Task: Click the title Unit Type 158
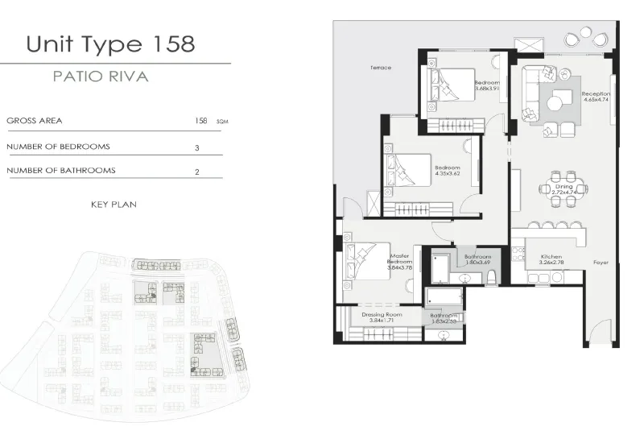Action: point(110,43)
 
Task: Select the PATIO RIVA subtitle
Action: point(100,78)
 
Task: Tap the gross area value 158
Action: point(201,121)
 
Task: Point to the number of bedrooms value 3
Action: point(196,148)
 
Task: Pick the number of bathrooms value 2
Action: point(196,172)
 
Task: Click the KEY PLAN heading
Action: point(114,205)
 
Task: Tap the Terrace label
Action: point(381,68)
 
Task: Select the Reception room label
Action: point(596,97)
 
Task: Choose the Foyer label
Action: point(601,263)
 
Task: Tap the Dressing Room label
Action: point(382,317)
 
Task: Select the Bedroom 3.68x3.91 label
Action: point(487,86)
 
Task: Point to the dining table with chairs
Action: point(563,189)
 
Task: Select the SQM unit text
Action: point(222,122)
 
